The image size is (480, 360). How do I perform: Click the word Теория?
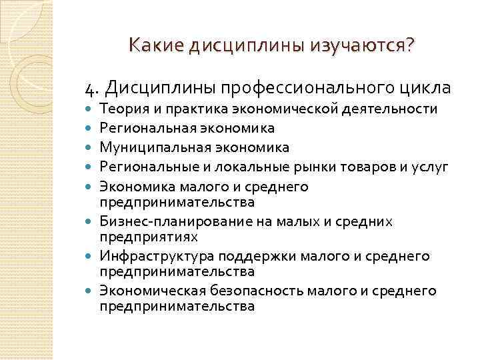pos(119,108)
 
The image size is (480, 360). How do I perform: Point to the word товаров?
pos(363,165)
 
